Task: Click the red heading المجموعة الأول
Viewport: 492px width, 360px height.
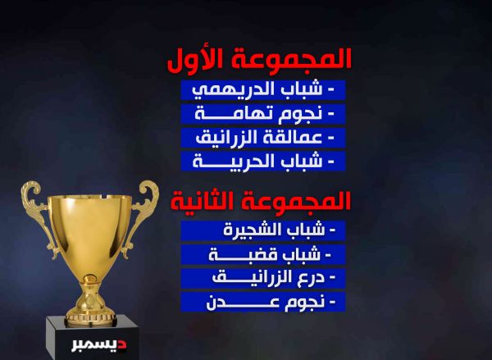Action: [x=259, y=60]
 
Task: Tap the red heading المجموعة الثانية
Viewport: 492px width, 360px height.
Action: [x=261, y=201]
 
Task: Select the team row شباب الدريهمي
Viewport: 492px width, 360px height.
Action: [x=263, y=90]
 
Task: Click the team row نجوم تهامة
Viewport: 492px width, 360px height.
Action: [x=263, y=113]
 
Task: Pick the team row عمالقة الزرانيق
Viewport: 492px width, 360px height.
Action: [x=263, y=138]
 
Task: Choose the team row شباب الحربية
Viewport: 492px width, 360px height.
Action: [x=263, y=161]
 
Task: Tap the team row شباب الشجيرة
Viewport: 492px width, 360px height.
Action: [x=263, y=230]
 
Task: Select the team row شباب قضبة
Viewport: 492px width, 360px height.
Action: [x=263, y=254]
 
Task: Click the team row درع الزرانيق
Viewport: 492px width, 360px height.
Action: [x=263, y=278]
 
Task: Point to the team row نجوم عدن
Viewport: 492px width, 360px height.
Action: [x=263, y=302]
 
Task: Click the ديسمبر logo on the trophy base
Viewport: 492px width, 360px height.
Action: [x=99, y=345]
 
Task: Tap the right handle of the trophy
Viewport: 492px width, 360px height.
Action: [x=142, y=213]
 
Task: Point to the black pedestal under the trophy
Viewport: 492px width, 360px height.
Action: [x=92, y=337]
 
